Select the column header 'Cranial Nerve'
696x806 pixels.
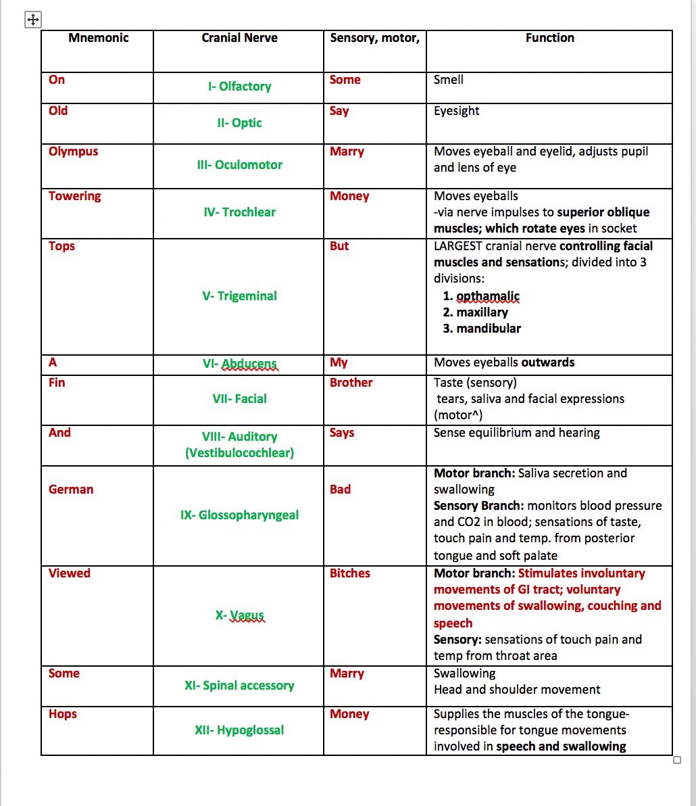(239, 39)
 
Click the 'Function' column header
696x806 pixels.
(549, 39)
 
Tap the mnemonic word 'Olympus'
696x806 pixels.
(73, 151)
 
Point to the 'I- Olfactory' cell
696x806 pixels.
(239, 87)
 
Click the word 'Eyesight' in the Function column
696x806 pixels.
(456, 111)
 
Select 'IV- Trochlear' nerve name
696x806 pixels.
(239, 212)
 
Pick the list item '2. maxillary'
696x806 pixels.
(475, 312)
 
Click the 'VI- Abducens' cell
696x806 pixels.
(239, 364)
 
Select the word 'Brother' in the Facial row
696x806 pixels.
(351, 383)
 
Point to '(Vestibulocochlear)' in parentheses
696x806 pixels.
(239, 453)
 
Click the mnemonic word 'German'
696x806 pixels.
(71, 490)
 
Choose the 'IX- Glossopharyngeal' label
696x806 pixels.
(239, 515)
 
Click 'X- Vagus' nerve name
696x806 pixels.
(239, 615)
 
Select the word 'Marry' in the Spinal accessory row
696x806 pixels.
(347, 673)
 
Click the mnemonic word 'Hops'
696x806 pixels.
(62, 714)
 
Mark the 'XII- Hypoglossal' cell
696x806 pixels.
(239, 730)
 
